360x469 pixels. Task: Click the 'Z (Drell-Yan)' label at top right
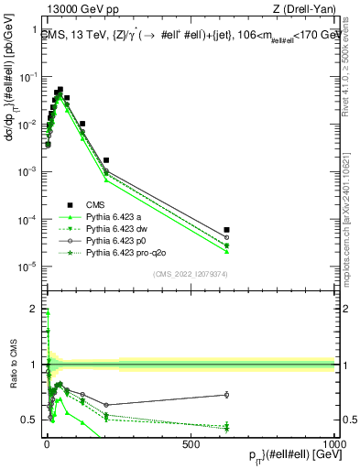(x=307, y=9)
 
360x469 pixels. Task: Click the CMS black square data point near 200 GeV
(x=106, y=160)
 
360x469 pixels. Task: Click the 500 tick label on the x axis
(x=191, y=444)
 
